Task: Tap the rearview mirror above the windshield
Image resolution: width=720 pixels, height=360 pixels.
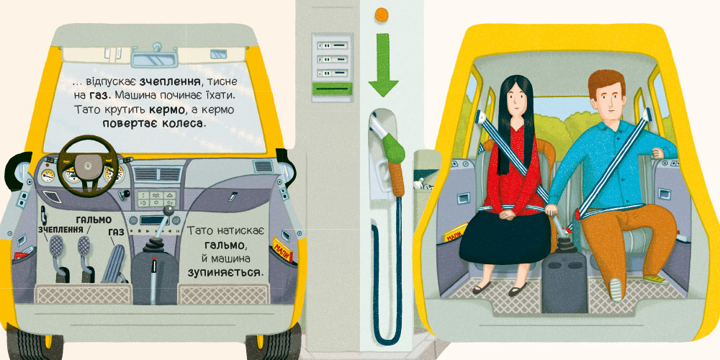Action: pos(154,60)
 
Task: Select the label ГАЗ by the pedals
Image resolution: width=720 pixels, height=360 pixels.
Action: pos(117,233)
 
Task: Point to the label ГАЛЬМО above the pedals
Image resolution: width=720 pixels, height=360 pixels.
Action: pos(94,219)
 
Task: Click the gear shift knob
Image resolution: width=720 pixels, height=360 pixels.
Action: pos(169,210)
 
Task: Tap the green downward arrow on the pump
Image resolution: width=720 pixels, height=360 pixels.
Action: pos(383,64)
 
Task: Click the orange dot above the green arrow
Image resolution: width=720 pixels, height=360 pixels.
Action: pos(382,14)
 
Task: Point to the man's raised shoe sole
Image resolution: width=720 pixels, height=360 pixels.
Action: pos(616,289)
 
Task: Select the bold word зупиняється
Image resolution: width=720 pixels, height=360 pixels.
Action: pos(226,272)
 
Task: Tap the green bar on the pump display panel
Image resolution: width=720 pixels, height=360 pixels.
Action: pos(332,89)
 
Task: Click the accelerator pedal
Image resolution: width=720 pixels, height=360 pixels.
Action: pos(114,264)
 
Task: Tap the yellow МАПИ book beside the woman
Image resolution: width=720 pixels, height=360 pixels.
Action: pos(455,233)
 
